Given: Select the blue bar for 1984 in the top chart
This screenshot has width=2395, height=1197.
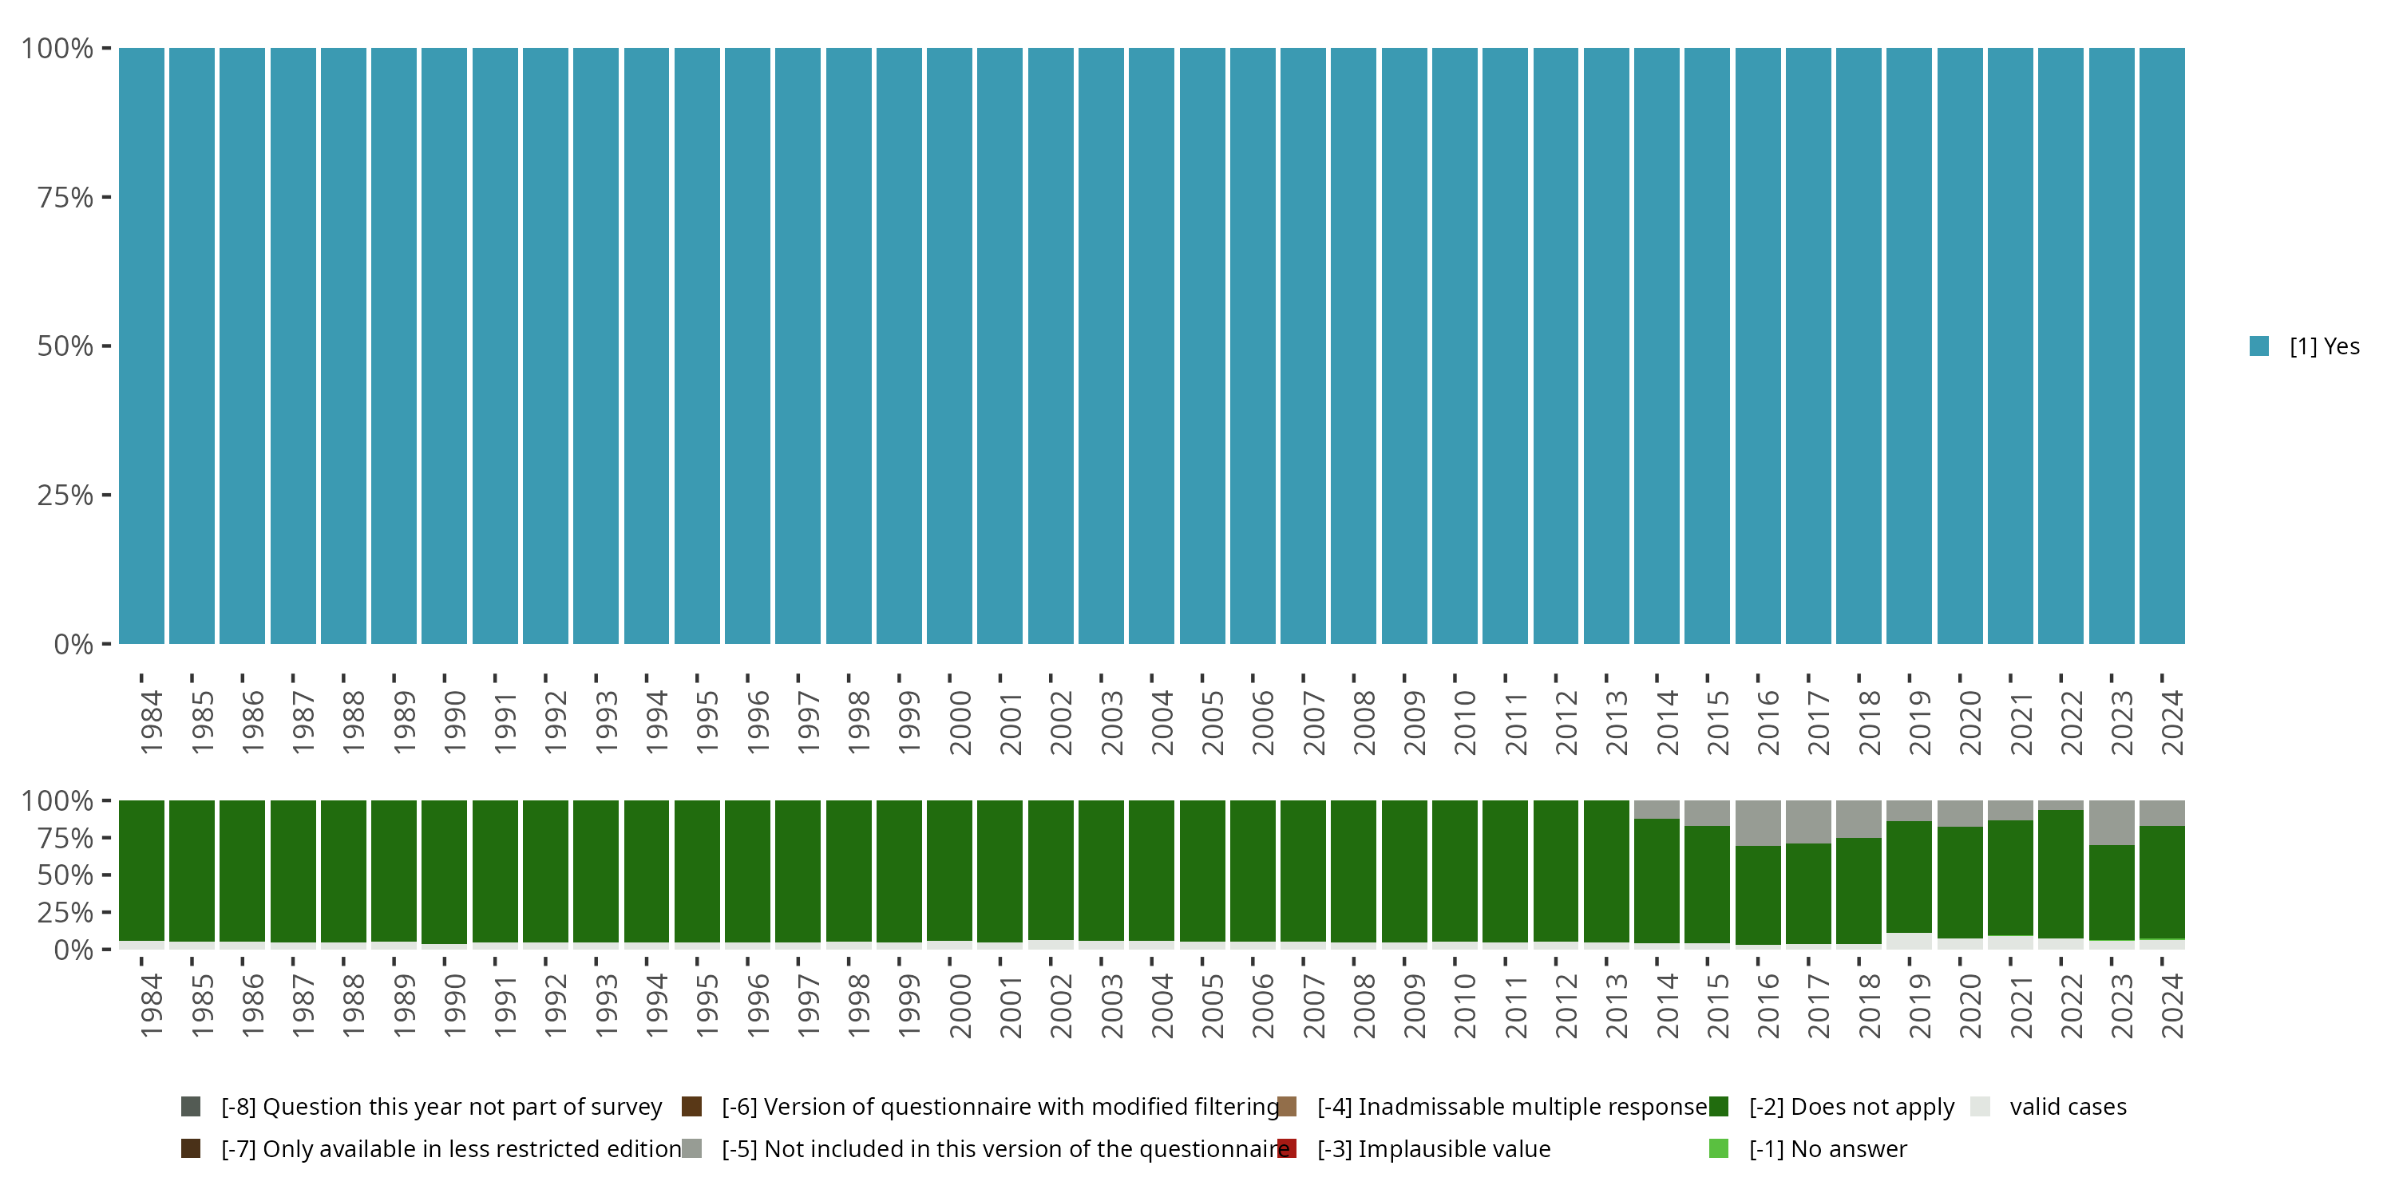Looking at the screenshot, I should pos(141,346).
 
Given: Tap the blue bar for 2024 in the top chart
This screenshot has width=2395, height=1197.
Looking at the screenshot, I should pos(2162,346).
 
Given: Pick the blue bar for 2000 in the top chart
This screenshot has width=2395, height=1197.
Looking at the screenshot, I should pos(949,346).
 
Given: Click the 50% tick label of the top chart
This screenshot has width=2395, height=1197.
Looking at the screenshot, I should pos(65,346).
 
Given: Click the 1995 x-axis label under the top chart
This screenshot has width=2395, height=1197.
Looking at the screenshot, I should pos(707,722).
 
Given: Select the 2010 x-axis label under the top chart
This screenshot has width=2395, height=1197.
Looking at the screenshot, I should pos(1465,722).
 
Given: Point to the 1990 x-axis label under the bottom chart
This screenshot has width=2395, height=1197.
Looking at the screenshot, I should pos(454,1005).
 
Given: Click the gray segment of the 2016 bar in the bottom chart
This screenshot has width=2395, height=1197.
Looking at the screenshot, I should pos(1757,823).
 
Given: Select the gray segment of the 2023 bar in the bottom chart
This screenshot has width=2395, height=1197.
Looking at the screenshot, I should pos(2112,822).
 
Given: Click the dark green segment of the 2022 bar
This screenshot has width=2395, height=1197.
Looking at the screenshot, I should pos(2060,874).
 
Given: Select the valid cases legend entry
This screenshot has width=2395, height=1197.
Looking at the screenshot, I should pos(2067,1107).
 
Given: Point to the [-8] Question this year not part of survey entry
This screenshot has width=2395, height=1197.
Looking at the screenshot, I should pos(441,1107).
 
